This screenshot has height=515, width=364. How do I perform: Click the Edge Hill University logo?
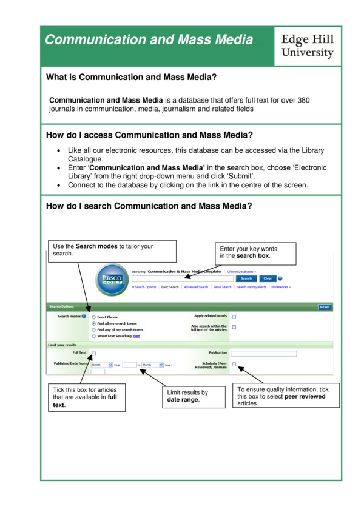click(x=307, y=46)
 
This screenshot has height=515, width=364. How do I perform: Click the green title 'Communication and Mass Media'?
click(x=149, y=40)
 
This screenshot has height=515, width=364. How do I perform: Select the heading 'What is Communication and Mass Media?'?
click(x=132, y=77)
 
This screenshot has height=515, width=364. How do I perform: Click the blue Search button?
click(x=246, y=278)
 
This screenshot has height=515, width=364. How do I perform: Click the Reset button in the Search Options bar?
click(x=325, y=307)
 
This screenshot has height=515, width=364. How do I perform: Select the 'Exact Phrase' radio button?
click(x=93, y=317)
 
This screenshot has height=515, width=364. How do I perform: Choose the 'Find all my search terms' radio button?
click(x=93, y=323)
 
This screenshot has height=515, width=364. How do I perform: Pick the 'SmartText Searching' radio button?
click(x=93, y=335)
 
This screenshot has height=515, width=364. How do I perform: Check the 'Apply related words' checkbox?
click(x=234, y=317)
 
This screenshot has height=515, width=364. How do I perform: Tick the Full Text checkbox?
click(x=93, y=353)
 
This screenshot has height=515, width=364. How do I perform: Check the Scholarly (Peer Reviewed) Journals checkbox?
click(x=234, y=365)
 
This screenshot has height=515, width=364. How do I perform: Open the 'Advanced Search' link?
click(x=196, y=287)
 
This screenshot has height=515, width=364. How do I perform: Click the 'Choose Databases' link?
click(x=241, y=272)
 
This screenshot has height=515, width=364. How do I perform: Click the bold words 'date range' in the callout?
click(x=183, y=399)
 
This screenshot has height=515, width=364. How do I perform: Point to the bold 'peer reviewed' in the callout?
click(x=305, y=396)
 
